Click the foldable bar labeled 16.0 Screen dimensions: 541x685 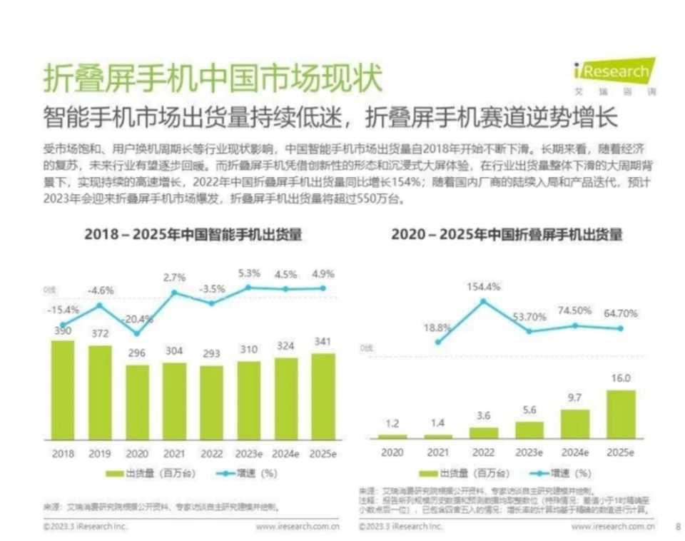(x=620, y=414)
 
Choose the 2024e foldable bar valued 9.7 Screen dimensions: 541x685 (x=575, y=423)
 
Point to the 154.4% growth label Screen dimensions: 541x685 (x=484, y=286)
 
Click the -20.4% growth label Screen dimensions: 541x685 (x=137, y=318)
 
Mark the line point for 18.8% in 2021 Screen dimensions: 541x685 (x=437, y=342)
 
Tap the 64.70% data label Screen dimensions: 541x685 (x=620, y=313)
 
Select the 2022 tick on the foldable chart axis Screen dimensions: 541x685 (x=484, y=452)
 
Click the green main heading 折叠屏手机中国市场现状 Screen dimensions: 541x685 (x=213, y=77)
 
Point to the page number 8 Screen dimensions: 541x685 (x=677, y=527)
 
